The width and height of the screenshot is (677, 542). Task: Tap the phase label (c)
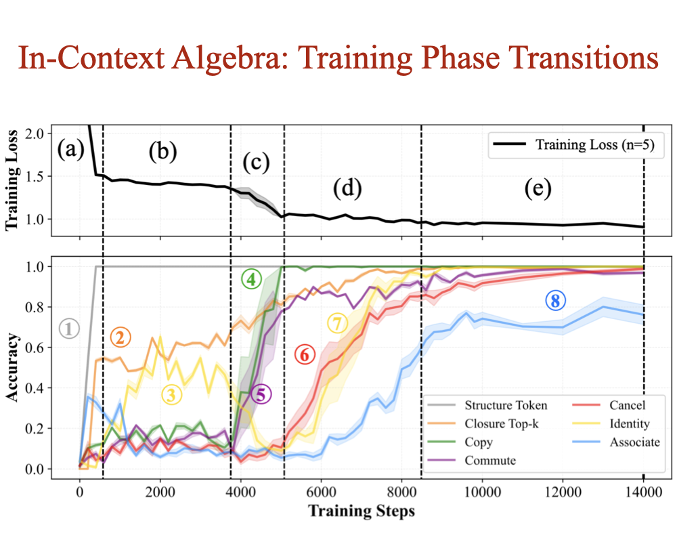pyautogui.click(x=255, y=163)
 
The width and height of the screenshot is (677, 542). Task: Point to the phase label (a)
pyautogui.click(x=70, y=148)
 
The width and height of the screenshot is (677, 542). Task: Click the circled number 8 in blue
pyautogui.click(x=555, y=302)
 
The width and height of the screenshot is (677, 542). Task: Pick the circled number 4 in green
pyautogui.click(x=251, y=278)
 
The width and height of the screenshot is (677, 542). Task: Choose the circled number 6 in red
pyautogui.click(x=305, y=354)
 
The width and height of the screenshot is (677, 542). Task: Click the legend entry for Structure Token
pyautogui.click(x=505, y=406)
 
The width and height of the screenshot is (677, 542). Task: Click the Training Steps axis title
pyautogui.click(x=362, y=512)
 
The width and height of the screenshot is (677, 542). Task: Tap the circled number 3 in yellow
pyautogui.click(x=172, y=395)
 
